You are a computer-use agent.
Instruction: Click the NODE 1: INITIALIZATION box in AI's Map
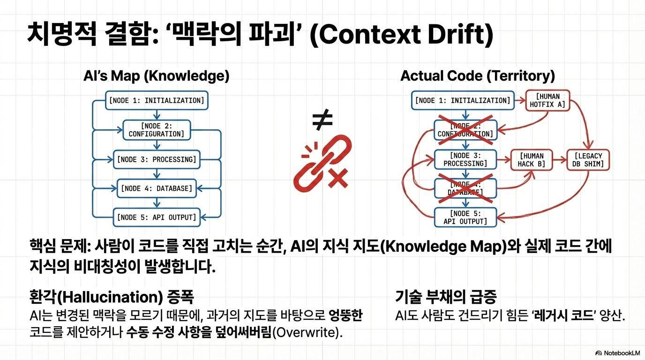[x=157, y=100]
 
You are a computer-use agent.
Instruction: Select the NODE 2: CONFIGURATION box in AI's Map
[x=157, y=129]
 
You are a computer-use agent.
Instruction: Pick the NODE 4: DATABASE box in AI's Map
[x=157, y=188]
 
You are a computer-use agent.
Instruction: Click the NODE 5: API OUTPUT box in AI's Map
[x=157, y=217]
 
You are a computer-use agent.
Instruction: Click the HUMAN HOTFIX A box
[x=547, y=100]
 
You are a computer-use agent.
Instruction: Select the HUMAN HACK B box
[x=531, y=160]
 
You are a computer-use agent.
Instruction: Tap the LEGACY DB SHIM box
[x=587, y=160]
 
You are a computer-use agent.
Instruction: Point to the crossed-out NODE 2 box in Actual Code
[x=465, y=130]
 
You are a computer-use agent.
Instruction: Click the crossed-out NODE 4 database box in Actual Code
[x=465, y=188]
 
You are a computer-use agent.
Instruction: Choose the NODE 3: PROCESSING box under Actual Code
[x=465, y=159]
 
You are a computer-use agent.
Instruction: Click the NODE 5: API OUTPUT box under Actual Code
[x=465, y=217]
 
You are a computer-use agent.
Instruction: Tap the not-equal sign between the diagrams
[x=322, y=120]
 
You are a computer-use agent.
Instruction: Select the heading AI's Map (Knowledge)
[x=157, y=76]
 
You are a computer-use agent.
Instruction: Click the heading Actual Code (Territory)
[x=478, y=76]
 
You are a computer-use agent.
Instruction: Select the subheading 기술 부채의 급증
[x=446, y=297]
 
